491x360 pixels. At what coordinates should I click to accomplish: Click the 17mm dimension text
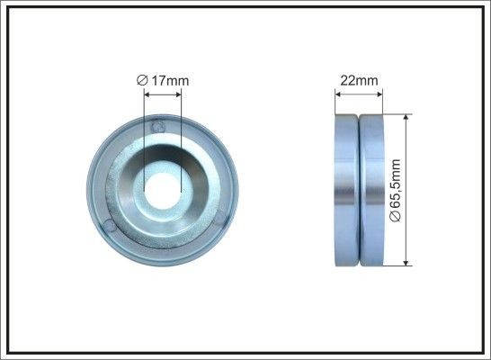click(169, 82)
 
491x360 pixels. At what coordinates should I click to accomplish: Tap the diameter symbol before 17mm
click(142, 82)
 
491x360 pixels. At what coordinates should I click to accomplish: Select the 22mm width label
click(358, 82)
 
